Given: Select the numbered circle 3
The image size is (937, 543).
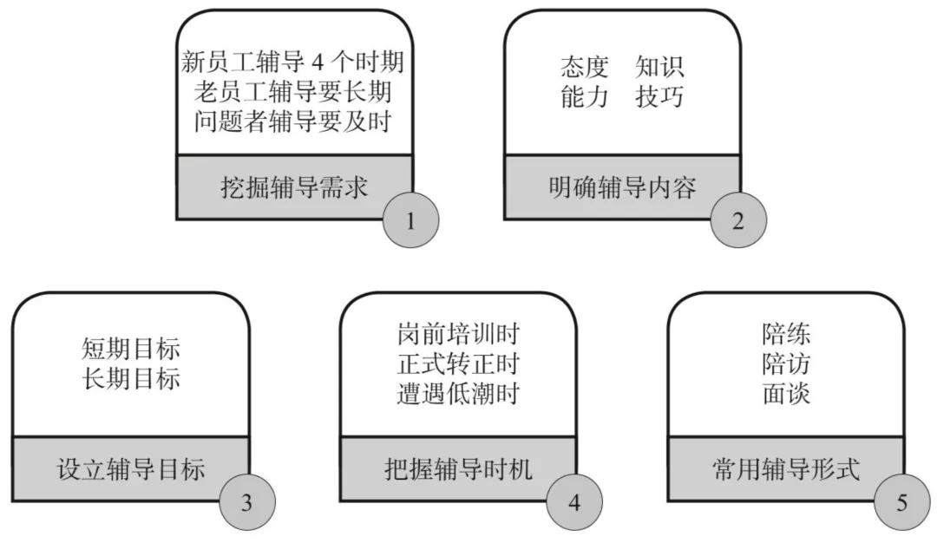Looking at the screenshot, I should [246, 501].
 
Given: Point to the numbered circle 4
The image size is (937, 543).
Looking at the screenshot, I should [574, 501].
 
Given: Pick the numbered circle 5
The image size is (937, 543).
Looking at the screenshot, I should [902, 501].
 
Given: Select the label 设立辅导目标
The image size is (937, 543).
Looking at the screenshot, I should [131, 470].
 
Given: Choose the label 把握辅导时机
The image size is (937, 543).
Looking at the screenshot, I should [459, 470].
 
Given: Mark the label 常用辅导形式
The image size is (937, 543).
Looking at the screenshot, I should [786, 470].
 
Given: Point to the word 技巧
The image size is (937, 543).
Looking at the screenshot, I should [659, 96].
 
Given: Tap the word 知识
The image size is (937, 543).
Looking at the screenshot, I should [659, 67].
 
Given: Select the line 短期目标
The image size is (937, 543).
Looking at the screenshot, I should [131, 350].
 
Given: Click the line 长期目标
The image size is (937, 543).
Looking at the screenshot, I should [131, 379].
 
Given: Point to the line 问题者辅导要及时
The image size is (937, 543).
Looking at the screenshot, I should [294, 121].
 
